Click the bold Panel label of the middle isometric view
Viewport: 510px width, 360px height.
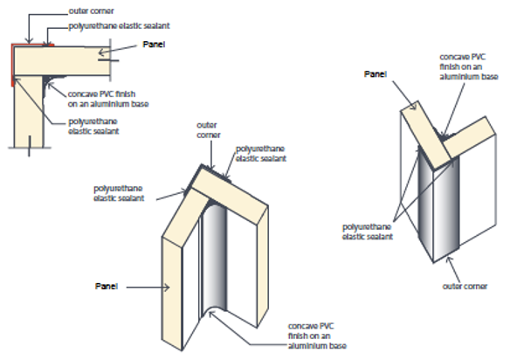[107, 286]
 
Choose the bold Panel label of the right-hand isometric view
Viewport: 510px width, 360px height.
[376, 73]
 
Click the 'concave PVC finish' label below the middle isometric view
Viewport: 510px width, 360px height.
[314, 336]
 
